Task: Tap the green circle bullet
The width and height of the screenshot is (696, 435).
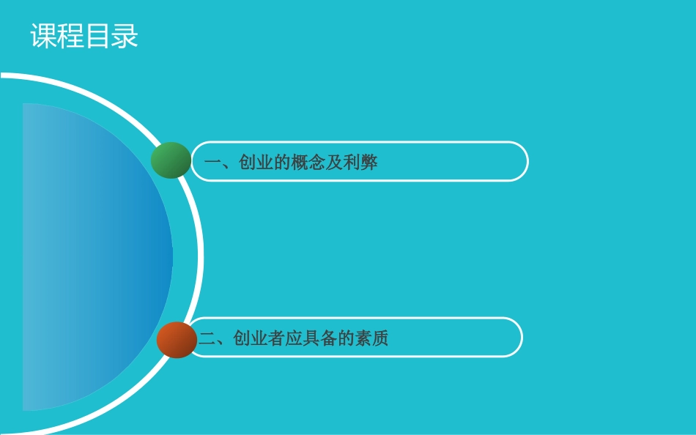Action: (171, 160)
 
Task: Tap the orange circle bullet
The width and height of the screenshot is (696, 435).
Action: (177, 339)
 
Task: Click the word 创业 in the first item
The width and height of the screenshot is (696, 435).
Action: (256, 163)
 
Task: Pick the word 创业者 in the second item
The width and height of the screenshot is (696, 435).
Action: (259, 338)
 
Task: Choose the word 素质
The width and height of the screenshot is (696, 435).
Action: (372, 338)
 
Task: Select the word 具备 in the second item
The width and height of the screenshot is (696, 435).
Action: (319, 338)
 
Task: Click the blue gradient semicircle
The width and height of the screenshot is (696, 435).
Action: (95, 256)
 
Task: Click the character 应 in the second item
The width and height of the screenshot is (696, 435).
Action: (294, 338)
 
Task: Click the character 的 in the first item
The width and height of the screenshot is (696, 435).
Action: (282, 163)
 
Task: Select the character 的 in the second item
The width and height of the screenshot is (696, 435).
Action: (346, 338)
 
